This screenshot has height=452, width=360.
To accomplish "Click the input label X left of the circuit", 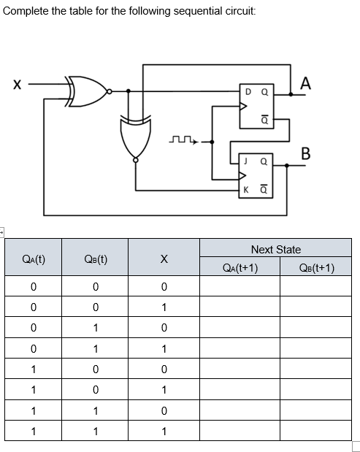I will tap(16, 86).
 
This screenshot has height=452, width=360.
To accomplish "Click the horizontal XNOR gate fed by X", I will tap(86, 91).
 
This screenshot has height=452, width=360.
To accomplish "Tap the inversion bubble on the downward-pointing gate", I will tap(135, 161).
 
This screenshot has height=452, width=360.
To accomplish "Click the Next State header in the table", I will tap(275, 250).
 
